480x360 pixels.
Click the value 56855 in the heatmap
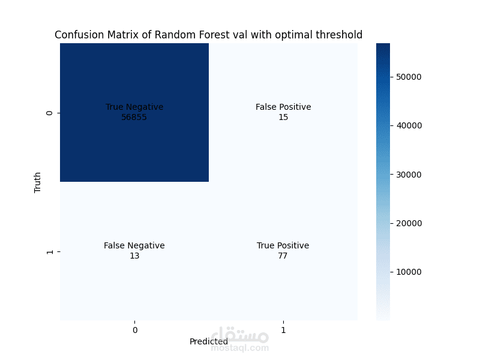pyautogui.click(x=134, y=117)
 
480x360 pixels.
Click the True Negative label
pyautogui.click(x=134, y=107)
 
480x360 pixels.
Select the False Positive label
pyautogui.click(x=283, y=107)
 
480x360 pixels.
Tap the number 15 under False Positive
pyautogui.click(x=283, y=117)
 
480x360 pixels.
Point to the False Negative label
pyautogui.click(x=134, y=245)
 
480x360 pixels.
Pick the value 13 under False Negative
pyautogui.click(x=134, y=256)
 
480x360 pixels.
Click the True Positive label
pyautogui.click(x=283, y=245)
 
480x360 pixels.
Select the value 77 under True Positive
pyautogui.click(x=283, y=256)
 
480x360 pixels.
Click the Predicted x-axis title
pyautogui.click(x=208, y=341)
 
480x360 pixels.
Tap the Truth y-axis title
pyautogui.click(x=38, y=182)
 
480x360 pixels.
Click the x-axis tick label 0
pyautogui.click(x=134, y=329)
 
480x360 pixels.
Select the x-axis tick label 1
pyautogui.click(x=283, y=329)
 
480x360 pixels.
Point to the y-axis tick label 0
pyautogui.click(x=49, y=113)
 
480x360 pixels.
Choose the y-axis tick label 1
pyautogui.click(x=49, y=251)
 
